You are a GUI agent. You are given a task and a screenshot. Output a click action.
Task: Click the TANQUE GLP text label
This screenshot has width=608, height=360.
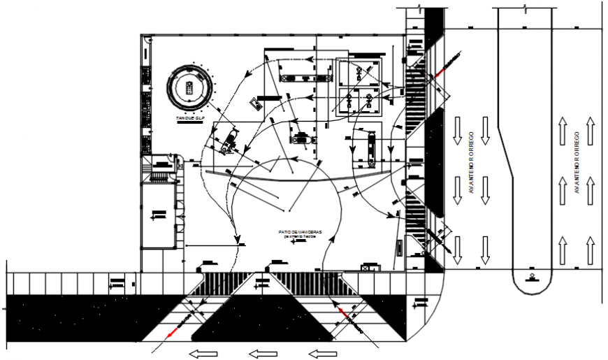(x=189, y=120)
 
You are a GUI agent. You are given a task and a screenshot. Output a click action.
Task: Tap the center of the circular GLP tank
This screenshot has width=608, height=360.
(x=189, y=87)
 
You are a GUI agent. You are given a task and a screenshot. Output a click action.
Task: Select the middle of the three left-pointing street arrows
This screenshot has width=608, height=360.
(x=262, y=353)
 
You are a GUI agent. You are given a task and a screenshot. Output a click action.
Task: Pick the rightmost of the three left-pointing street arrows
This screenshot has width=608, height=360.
(x=322, y=353)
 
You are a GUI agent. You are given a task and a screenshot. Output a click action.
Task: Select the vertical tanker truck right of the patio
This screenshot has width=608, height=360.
(x=370, y=149)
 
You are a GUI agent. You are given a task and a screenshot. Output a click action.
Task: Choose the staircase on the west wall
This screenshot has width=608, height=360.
(x=161, y=168)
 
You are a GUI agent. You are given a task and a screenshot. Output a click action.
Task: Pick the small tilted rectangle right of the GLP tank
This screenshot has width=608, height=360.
(x=256, y=104)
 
